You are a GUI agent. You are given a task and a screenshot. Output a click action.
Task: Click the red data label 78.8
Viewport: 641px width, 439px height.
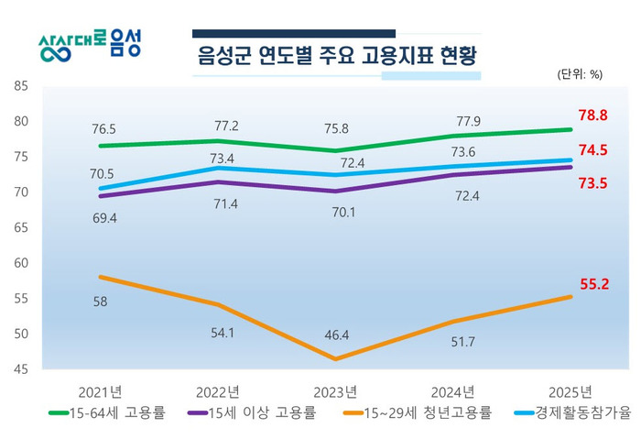pos(593,115)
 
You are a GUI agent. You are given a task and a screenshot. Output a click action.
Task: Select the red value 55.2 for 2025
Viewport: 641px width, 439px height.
pos(593,285)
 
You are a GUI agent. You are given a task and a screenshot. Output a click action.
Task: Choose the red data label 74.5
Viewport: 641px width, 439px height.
pos(593,151)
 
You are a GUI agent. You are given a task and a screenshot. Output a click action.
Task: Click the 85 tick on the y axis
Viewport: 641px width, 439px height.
pos(21,86)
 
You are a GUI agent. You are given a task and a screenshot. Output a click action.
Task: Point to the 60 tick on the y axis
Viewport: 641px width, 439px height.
pos(21,263)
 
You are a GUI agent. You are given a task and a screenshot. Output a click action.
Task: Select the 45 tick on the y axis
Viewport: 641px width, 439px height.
pos(21,369)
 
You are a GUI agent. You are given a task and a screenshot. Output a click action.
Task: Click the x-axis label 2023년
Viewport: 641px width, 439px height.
pos(335,391)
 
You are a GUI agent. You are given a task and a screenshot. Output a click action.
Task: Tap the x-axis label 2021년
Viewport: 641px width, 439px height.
pos(101,391)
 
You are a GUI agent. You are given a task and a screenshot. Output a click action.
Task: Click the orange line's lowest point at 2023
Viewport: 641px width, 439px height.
pos(335,358)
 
